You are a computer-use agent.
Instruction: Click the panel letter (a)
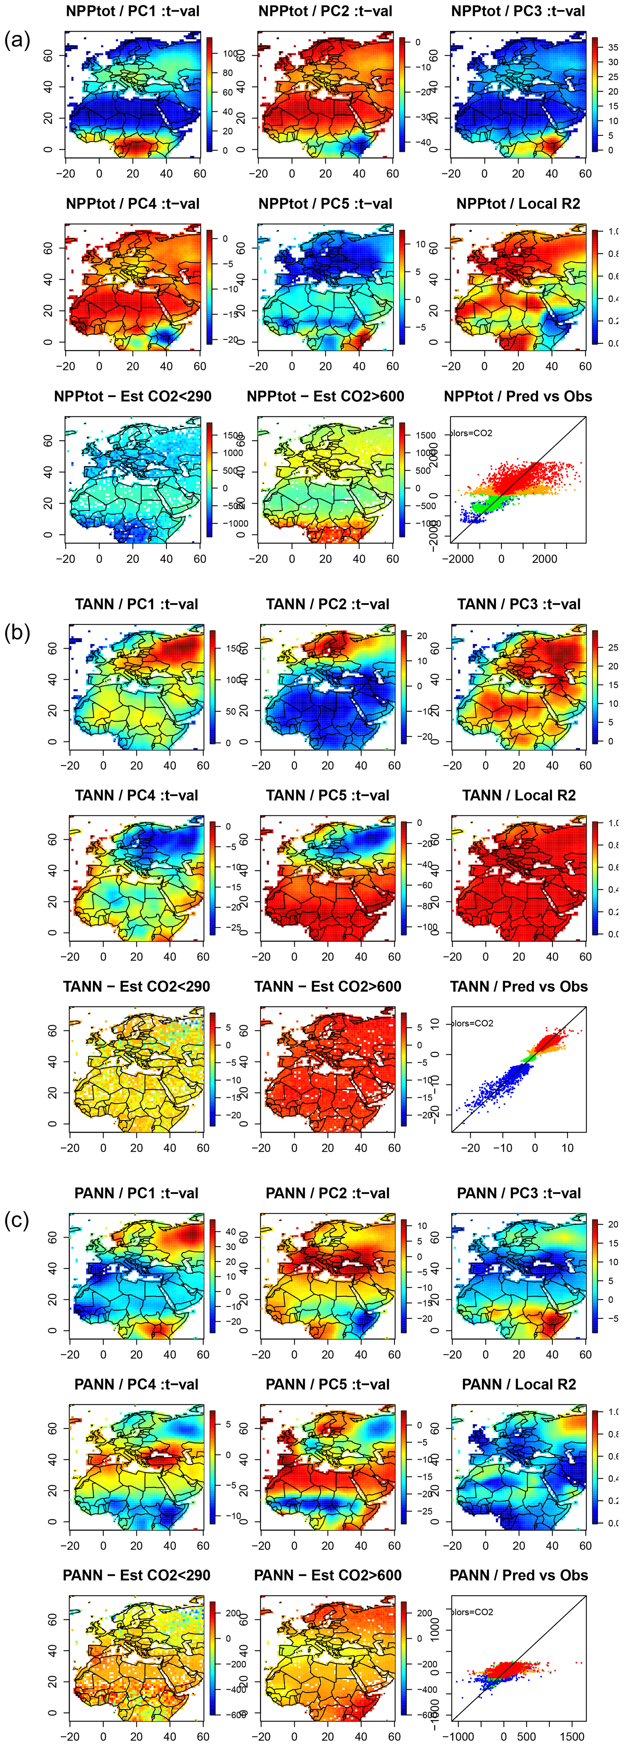pos(17,41)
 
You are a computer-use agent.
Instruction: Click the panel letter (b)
pos(17,633)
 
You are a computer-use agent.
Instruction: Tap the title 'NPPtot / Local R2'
pos(518,204)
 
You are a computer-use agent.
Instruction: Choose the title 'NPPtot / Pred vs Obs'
pos(518,396)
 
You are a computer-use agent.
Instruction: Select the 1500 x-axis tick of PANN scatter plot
pos(572,1737)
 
